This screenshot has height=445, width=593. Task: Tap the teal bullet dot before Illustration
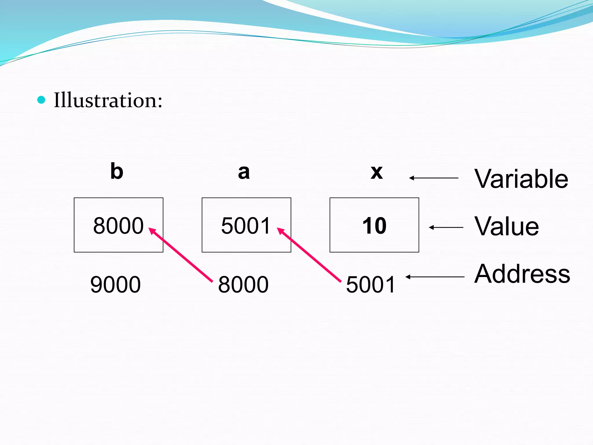coord(41,100)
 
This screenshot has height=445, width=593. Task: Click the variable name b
coord(117,172)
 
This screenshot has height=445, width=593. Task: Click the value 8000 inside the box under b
coord(118,226)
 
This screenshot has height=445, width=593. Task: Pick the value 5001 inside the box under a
coord(246,226)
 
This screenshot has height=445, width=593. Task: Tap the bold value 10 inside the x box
coord(374,226)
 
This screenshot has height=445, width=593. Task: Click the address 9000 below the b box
coord(115,285)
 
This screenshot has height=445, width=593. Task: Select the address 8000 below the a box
coord(243,285)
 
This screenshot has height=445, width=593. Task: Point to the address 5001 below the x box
coord(371,285)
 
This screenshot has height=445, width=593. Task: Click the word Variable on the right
coord(521,179)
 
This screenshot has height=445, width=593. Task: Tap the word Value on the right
coord(507,227)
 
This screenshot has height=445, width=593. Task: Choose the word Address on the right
coord(522,274)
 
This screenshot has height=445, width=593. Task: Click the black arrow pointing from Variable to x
coord(433,178)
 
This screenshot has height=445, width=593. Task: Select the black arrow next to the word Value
coord(446,227)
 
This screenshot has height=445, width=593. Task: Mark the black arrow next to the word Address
coord(435,277)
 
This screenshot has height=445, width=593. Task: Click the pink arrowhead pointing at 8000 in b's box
coord(152,231)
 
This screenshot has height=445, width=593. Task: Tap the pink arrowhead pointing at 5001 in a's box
coord(281,231)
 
